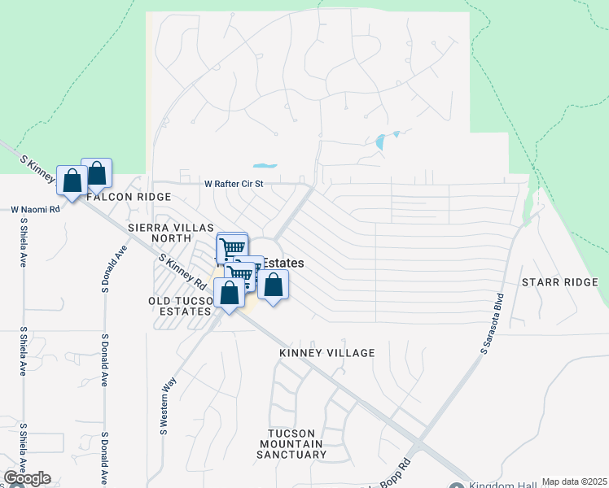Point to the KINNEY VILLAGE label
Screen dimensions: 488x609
click(x=326, y=353)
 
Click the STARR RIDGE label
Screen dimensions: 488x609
click(x=559, y=281)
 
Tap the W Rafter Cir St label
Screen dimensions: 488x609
click(x=234, y=185)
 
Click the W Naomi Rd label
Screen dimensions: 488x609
click(x=36, y=209)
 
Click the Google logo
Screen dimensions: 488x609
click(x=26, y=478)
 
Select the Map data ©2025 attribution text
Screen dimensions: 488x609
click(x=574, y=481)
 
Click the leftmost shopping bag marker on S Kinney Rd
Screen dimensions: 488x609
click(x=72, y=180)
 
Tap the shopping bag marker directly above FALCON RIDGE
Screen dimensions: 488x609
click(x=96, y=172)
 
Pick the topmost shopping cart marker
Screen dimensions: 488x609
click(x=232, y=246)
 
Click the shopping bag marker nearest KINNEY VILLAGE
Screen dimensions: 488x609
click(x=274, y=285)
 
